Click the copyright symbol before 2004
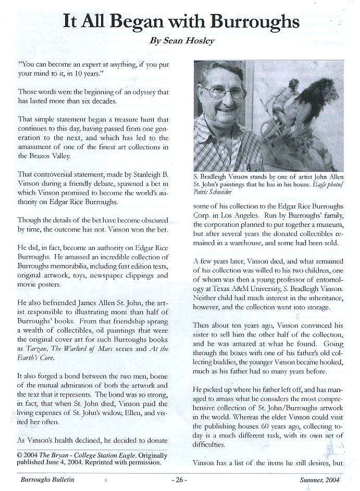(20, 454)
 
